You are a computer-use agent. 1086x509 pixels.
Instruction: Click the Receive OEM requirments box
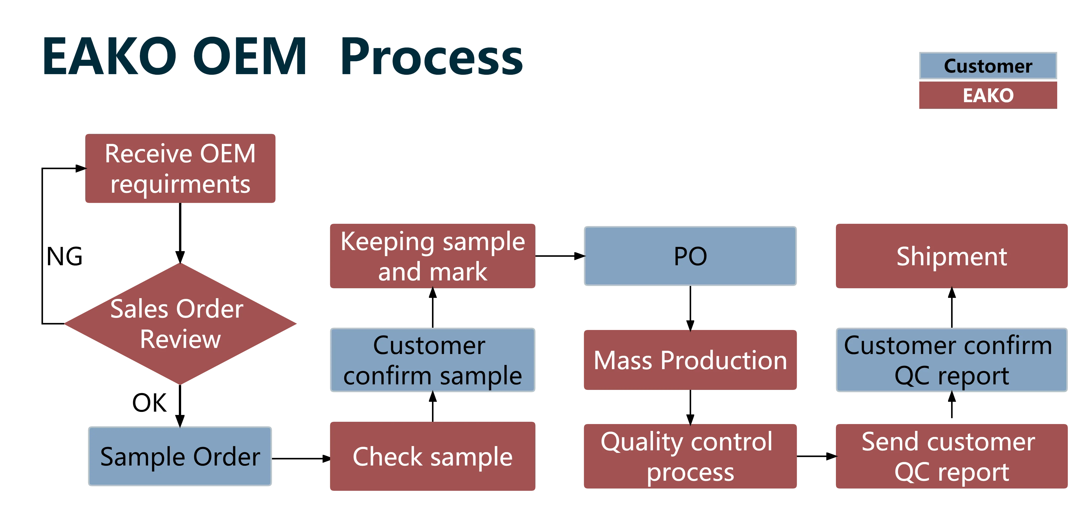click(x=180, y=169)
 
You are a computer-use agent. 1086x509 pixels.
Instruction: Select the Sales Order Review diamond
click(x=180, y=324)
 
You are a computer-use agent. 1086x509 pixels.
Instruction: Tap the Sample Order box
click(x=180, y=456)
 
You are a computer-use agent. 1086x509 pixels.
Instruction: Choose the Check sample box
click(x=432, y=456)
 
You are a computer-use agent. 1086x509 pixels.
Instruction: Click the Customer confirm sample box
click(x=432, y=360)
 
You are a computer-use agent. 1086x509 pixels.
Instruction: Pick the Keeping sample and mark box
click(x=432, y=256)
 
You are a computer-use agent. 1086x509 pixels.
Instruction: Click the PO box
click(x=690, y=256)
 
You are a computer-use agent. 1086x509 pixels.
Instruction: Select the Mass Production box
click(x=690, y=360)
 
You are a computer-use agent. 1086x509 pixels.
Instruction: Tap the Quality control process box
click(x=690, y=456)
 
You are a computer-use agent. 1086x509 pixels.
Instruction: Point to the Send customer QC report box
click(x=952, y=456)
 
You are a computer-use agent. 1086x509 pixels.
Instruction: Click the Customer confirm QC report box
click(x=952, y=360)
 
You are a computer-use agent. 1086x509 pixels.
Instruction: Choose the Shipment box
click(x=952, y=256)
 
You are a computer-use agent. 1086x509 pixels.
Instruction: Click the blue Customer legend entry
click(x=988, y=66)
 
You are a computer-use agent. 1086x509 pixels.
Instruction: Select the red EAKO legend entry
click(x=988, y=95)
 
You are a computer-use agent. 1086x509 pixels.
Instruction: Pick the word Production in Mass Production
click(x=723, y=361)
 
